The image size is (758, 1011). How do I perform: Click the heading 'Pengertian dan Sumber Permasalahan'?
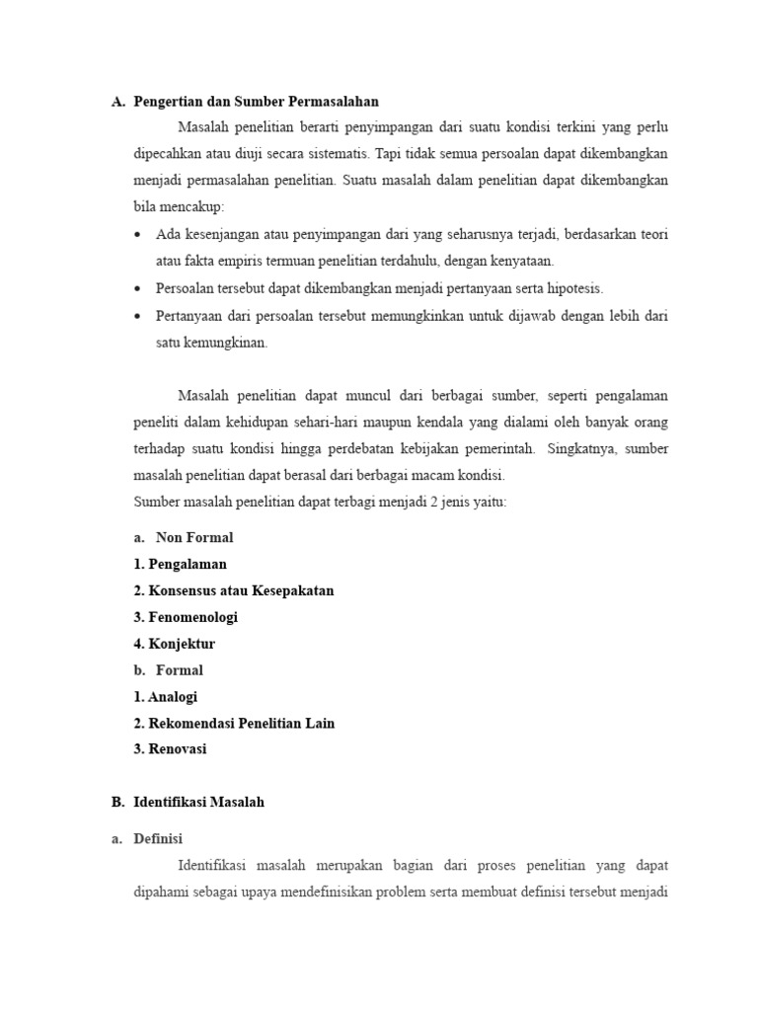(x=256, y=101)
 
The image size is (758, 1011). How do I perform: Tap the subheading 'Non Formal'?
(x=194, y=538)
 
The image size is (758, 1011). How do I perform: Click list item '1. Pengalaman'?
(x=181, y=565)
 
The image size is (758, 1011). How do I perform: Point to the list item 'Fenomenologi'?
(x=186, y=617)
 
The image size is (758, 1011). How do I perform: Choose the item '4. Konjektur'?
(x=175, y=644)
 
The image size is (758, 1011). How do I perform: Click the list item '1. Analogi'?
(x=166, y=697)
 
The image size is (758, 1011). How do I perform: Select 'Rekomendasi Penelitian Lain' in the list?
(x=234, y=723)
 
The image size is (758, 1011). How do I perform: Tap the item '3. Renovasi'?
(x=171, y=749)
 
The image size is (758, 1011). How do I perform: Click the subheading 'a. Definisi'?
(x=161, y=839)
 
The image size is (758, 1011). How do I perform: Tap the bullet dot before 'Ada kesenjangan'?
(x=137, y=235)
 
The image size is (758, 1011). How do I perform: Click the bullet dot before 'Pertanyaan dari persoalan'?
(x=137, y=316)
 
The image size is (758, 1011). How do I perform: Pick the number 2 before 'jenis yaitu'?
(x=420, y=502)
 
